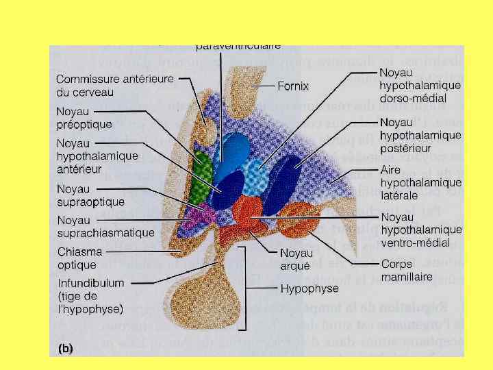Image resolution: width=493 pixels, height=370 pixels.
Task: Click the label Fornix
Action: (x=293, y=86)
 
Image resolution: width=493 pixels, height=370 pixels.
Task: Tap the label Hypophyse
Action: (x=309, y=289)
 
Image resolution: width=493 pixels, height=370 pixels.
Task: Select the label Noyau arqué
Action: (x=296, y=258)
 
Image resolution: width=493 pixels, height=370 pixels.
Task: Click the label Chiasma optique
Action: (x=80, y=258)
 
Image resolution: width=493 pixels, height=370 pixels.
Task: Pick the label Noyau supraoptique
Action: (x=90, y=195)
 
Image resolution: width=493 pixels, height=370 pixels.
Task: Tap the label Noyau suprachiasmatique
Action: (x=105, y=226)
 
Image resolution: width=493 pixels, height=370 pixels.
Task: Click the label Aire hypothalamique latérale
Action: (x=420, y=182)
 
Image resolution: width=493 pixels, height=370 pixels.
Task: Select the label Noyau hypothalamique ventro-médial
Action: (x=420, y=230)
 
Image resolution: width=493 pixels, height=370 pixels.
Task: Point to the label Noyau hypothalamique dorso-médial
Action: (x=419, y=85)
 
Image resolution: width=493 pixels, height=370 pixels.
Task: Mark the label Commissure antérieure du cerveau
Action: (x=115, y=85)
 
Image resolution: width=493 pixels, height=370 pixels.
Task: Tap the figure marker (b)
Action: (x=65, y=348)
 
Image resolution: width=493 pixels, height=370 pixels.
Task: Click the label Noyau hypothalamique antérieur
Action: (x=97, y=156)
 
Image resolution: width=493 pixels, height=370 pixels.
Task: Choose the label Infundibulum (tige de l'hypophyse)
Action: (x=90, y=295)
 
